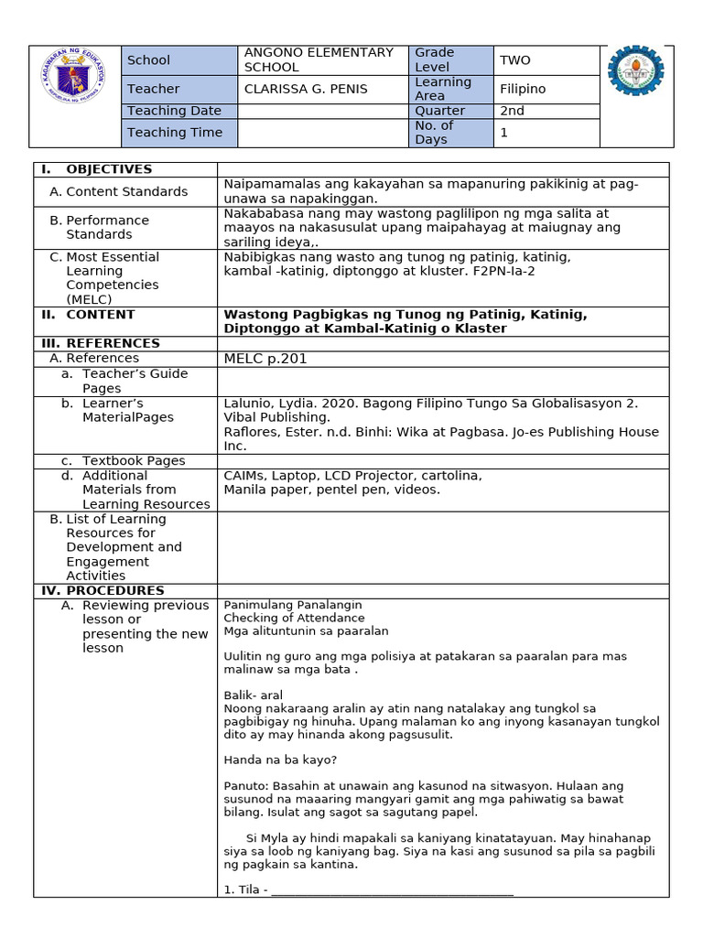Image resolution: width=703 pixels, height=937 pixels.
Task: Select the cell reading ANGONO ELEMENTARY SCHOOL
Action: click(319, 59)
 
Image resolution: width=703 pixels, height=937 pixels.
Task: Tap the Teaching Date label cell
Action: click(174, 111)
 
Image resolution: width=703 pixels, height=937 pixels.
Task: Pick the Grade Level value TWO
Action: click(515, 59)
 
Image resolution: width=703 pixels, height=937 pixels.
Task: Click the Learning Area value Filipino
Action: click(523, 89)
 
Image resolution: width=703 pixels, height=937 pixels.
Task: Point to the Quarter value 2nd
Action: click(512, 111)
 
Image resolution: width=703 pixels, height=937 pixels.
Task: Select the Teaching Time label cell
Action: click(175, 133)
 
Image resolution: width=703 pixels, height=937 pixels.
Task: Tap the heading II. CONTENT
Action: click(100, 314)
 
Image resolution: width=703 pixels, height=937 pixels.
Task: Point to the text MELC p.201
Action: click(265, 359)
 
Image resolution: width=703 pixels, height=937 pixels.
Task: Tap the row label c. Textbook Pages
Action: click(133, 461)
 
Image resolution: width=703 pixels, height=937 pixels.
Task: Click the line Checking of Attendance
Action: click(294, 618)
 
